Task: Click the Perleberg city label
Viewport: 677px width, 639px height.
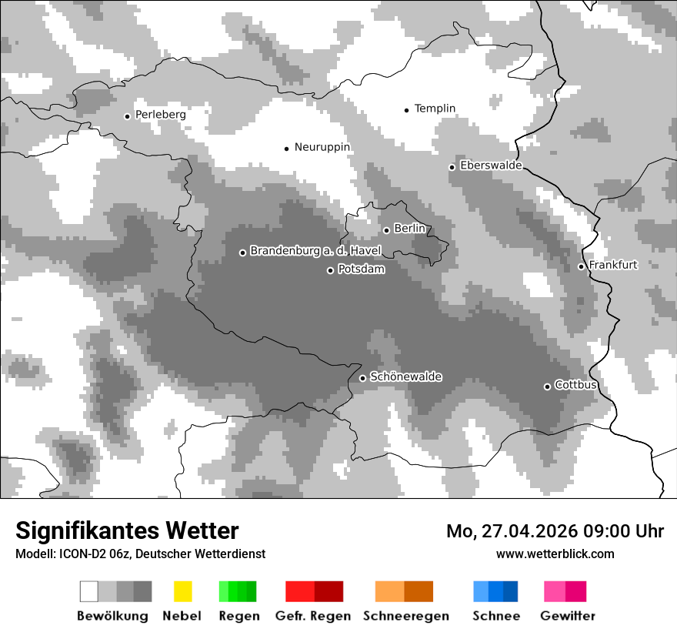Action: pos(160,115)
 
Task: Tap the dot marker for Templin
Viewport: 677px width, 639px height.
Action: pos(406,110)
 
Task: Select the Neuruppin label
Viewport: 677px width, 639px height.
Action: pos(322,147)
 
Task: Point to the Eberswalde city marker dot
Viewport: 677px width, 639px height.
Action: pos(452,167)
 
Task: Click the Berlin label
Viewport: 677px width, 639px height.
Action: pos(409,229)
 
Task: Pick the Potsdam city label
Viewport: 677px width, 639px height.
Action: pos(361,269)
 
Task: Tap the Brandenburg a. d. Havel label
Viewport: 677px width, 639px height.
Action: pos(315,251)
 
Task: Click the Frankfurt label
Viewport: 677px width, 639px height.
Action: pos(612,265)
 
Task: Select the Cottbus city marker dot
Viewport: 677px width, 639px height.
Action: pos(547,386)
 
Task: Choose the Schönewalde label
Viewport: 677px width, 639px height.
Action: pos(405,377)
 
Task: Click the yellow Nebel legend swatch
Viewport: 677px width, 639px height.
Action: pos(182,591)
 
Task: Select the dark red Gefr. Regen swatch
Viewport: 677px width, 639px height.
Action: pos(328,591)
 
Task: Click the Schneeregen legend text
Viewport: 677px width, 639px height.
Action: pos(406,616)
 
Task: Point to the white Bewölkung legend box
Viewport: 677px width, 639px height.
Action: pos(89,591)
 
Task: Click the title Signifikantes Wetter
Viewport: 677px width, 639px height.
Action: pos(127,530)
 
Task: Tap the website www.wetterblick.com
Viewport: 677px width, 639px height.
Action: pos(555,554)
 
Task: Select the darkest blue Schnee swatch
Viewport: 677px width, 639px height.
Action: pos(511,591)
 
